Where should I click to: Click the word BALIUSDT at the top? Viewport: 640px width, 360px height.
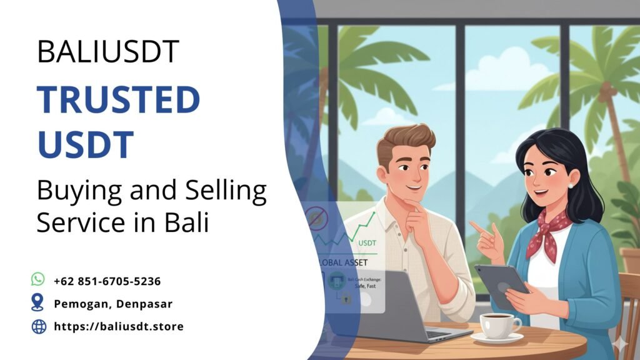[108, 51]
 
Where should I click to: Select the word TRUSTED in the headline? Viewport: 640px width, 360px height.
[118, 101]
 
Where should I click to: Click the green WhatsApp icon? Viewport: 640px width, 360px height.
[38, 280]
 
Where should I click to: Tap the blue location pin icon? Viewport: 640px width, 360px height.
[38, 303]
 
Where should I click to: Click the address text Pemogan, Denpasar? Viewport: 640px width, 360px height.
[112, 304]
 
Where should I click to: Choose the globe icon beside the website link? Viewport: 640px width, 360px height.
[39, 326]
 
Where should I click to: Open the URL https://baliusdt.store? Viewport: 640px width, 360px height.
[118, 326]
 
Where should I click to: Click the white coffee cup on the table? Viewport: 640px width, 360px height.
[498, 324]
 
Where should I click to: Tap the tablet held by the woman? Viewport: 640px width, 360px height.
[501, 285]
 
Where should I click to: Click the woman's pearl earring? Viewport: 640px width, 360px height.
[570, 186]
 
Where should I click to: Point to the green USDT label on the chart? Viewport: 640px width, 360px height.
[366, 242]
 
